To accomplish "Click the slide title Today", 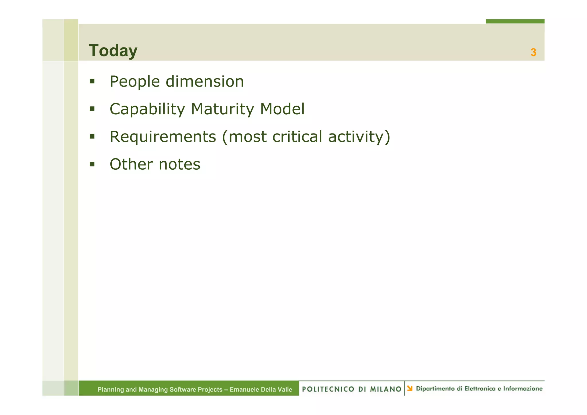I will coord(113,51).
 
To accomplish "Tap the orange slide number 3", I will coord(533,52).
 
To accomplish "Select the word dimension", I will coord(205,82).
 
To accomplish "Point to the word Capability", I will coord(147,109).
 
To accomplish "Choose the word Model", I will coord(282,109).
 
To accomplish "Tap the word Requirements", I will coord(163,137).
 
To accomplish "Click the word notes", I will coord(179,165).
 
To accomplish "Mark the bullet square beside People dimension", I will coord(92,81).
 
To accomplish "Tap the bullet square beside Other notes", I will coord(92,164).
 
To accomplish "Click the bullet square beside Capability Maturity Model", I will coord(92,109).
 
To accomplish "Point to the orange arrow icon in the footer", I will coord(410,388).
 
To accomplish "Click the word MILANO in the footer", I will coord(386,389).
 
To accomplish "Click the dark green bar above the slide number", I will coord(515,21).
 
